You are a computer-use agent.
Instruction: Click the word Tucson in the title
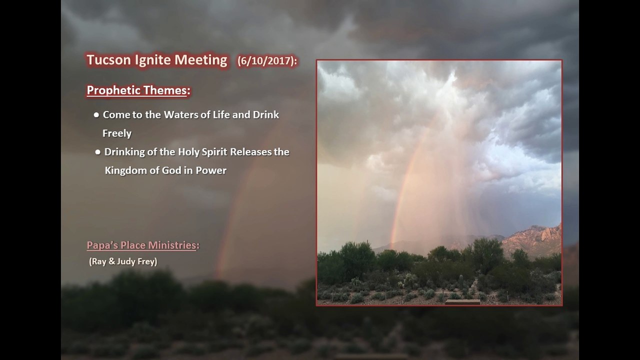pos(108,59)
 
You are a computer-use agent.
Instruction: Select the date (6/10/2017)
pos(267,61)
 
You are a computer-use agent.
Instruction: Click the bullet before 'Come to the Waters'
pos(96,115)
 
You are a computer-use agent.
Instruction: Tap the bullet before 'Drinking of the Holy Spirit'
pos(97,152)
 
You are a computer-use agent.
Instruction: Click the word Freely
pos(117,133)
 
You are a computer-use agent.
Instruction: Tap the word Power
pos(211,170)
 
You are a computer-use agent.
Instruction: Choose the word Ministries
pos(172,245)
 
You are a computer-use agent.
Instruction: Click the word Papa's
pos(102,245)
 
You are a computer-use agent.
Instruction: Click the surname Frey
pos(147,261)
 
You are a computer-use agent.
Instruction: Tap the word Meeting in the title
pos(201,60)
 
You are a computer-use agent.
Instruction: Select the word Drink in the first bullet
pos(266,114)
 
